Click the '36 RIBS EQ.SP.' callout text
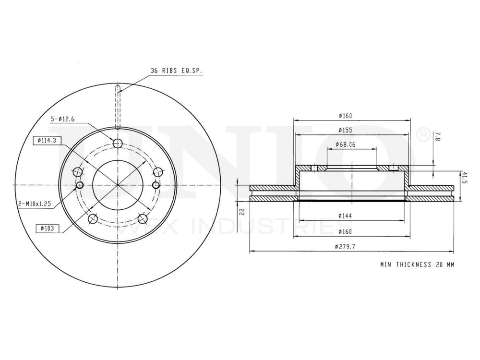tap(176, 71)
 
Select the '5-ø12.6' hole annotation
tap(63, 119)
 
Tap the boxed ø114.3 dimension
tap(47, 140)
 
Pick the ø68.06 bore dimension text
tap(346, 144)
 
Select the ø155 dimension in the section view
tap(346, 130)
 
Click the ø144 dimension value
tap(346, 216)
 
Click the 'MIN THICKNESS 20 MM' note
tap(417, 264)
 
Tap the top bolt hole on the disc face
tap(118, 143)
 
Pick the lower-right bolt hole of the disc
tap(142, 219)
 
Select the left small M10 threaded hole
tap(80, 185)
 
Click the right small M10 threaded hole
tap(156, 185)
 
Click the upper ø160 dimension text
tap(346, 116)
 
